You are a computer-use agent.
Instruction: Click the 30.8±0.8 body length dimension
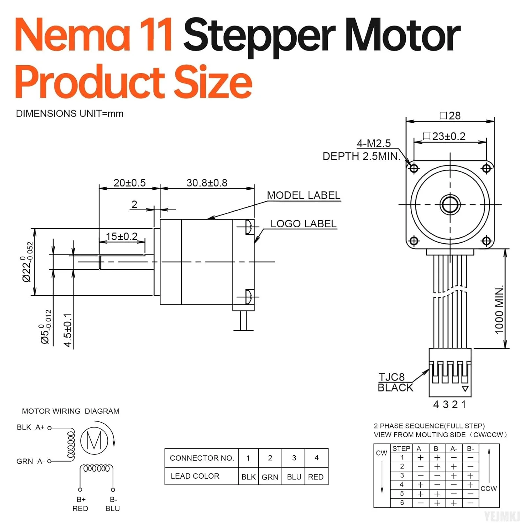(207, 183)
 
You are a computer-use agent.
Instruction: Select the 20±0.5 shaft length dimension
(129, 183)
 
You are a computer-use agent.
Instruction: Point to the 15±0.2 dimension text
(121, 236)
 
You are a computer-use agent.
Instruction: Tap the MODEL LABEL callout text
(303, 195)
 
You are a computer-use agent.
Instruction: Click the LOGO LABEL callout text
(303, 224)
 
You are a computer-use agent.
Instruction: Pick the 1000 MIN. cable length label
(499, 310)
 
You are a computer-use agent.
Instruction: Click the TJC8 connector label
(392, 377)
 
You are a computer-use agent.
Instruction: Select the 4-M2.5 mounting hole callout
(373, 143)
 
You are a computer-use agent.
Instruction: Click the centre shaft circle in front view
(450, 204)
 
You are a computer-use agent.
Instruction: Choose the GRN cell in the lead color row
(270, 477)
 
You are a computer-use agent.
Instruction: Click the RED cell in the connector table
(316, 477)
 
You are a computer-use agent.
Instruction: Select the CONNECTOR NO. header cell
(202, 458)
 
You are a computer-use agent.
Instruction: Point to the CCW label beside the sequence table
(488, 488)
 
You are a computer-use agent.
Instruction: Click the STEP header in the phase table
(401, 449)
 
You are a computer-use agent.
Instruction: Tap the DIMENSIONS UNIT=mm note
(70, 114)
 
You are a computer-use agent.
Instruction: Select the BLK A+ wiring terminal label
(31, 427)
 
